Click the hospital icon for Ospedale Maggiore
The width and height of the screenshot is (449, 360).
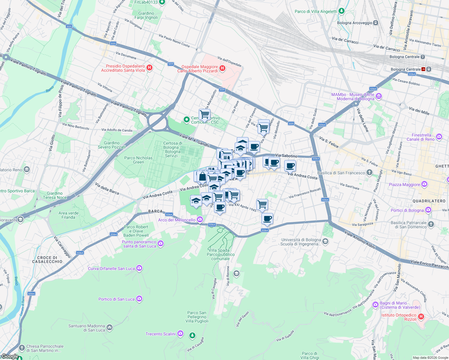[x=222, y=68]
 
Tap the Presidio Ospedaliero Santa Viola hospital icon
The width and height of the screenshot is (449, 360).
[x=149, y=68]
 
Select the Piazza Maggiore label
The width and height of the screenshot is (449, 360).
[x=404, y=184]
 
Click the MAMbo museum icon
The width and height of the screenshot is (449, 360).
[x=379, y=96]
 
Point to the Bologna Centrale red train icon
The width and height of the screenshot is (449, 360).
[x=423, y=69]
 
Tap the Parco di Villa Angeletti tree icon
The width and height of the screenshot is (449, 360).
[x=341, y=11]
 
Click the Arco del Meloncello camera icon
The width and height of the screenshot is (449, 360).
[x=200, y=220]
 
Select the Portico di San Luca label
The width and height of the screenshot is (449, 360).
[x=116, y=299]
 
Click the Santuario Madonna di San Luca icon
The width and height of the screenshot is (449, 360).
[x=110, y=327]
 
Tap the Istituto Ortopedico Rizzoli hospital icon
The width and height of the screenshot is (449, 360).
[x=421, y=316]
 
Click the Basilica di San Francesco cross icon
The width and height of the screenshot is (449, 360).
[x=369, y=172]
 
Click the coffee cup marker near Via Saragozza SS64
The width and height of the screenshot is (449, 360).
[x=267, y=219]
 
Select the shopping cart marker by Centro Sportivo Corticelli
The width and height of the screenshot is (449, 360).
[x=204, y=114]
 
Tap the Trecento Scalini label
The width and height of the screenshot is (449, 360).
[x=160, y=334]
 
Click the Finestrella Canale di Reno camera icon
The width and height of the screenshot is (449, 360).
[x=439, y=137]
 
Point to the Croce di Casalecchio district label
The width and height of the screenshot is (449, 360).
[x=47, y=259]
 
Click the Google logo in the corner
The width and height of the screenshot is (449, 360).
[x=10, y=356]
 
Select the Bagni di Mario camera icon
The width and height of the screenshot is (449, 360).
[x=375, y=305]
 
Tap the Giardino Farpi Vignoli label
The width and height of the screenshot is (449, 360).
[x=146, y=15]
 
